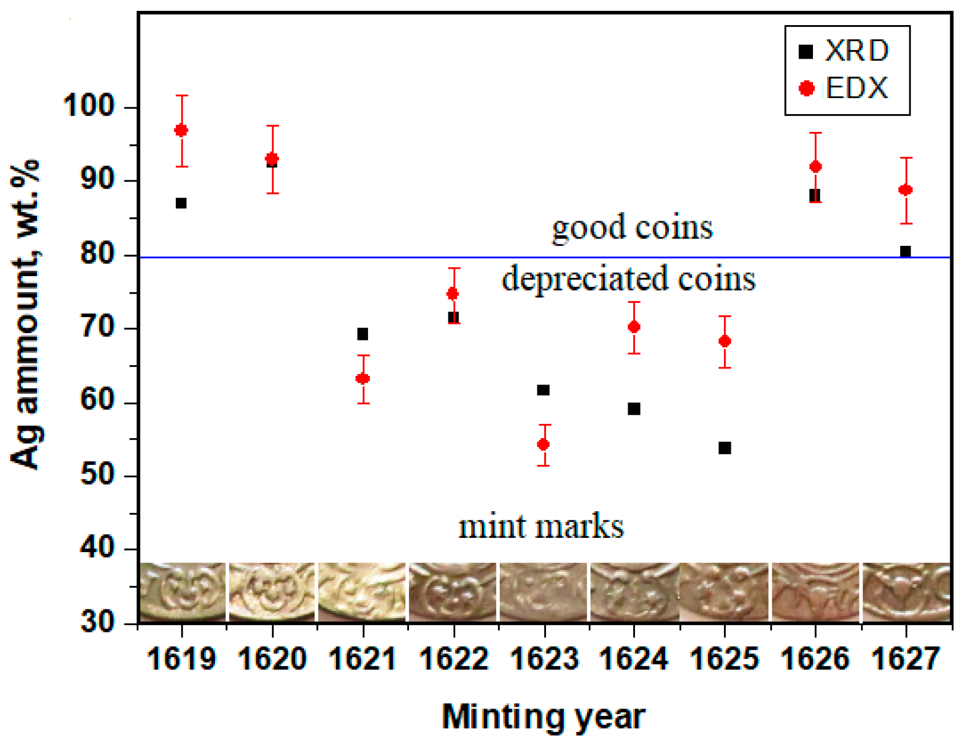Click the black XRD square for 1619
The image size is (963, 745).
click(181, 203)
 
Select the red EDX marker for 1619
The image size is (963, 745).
click(181, 131)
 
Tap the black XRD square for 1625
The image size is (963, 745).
click(725, 448)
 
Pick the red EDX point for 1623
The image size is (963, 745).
click(544, 444)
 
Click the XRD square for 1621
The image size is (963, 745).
click(362, 334)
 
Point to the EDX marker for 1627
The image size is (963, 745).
click(905, 190)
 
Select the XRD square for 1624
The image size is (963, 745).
click(634, 408)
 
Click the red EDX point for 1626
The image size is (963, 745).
click(815, 167)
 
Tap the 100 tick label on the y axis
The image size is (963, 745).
click(91, 106)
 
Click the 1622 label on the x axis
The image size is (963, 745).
click(454, 659)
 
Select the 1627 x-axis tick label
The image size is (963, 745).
click(905, 659)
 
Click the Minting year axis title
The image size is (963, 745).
click(544, 716)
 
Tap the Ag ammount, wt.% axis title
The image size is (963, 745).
click(26, 314)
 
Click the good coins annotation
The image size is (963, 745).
click(632, 227)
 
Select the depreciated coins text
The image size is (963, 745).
click(629, 278)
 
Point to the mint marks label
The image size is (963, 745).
click(541, 526)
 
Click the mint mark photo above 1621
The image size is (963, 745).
click(362, 592)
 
